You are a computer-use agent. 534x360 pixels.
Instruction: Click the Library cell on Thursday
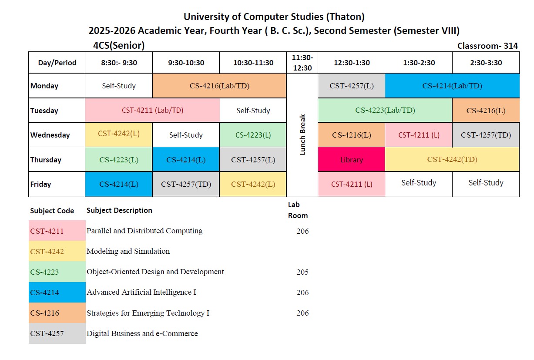351,160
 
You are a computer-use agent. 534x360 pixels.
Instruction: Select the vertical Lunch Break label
303,135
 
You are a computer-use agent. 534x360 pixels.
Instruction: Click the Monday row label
44,86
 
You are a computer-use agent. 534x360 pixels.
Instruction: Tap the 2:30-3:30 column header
486,63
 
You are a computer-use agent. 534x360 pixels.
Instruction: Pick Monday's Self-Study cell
119,86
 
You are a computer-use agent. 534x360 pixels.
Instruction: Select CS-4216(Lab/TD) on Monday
219,86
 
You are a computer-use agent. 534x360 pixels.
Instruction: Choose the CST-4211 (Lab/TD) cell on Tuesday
152,110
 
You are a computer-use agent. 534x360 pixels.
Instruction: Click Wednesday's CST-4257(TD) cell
486,135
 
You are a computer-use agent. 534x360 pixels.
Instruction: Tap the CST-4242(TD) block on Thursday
452,159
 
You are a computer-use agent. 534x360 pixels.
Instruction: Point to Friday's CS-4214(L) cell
119,184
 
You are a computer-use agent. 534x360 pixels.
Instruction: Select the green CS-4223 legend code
44,272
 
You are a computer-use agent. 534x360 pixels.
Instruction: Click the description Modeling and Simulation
128,251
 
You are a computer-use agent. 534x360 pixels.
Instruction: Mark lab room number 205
302,272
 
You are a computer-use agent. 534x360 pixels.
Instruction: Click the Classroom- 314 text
487,46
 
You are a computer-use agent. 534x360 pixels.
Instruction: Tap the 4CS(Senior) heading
119,46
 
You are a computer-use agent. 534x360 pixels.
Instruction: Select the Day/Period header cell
57,63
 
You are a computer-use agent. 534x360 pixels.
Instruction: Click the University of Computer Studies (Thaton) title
274,17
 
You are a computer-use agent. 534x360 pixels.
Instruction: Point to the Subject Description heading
119,210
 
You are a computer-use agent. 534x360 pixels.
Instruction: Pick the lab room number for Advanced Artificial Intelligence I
302,293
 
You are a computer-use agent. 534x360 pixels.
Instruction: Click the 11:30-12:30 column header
302,63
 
